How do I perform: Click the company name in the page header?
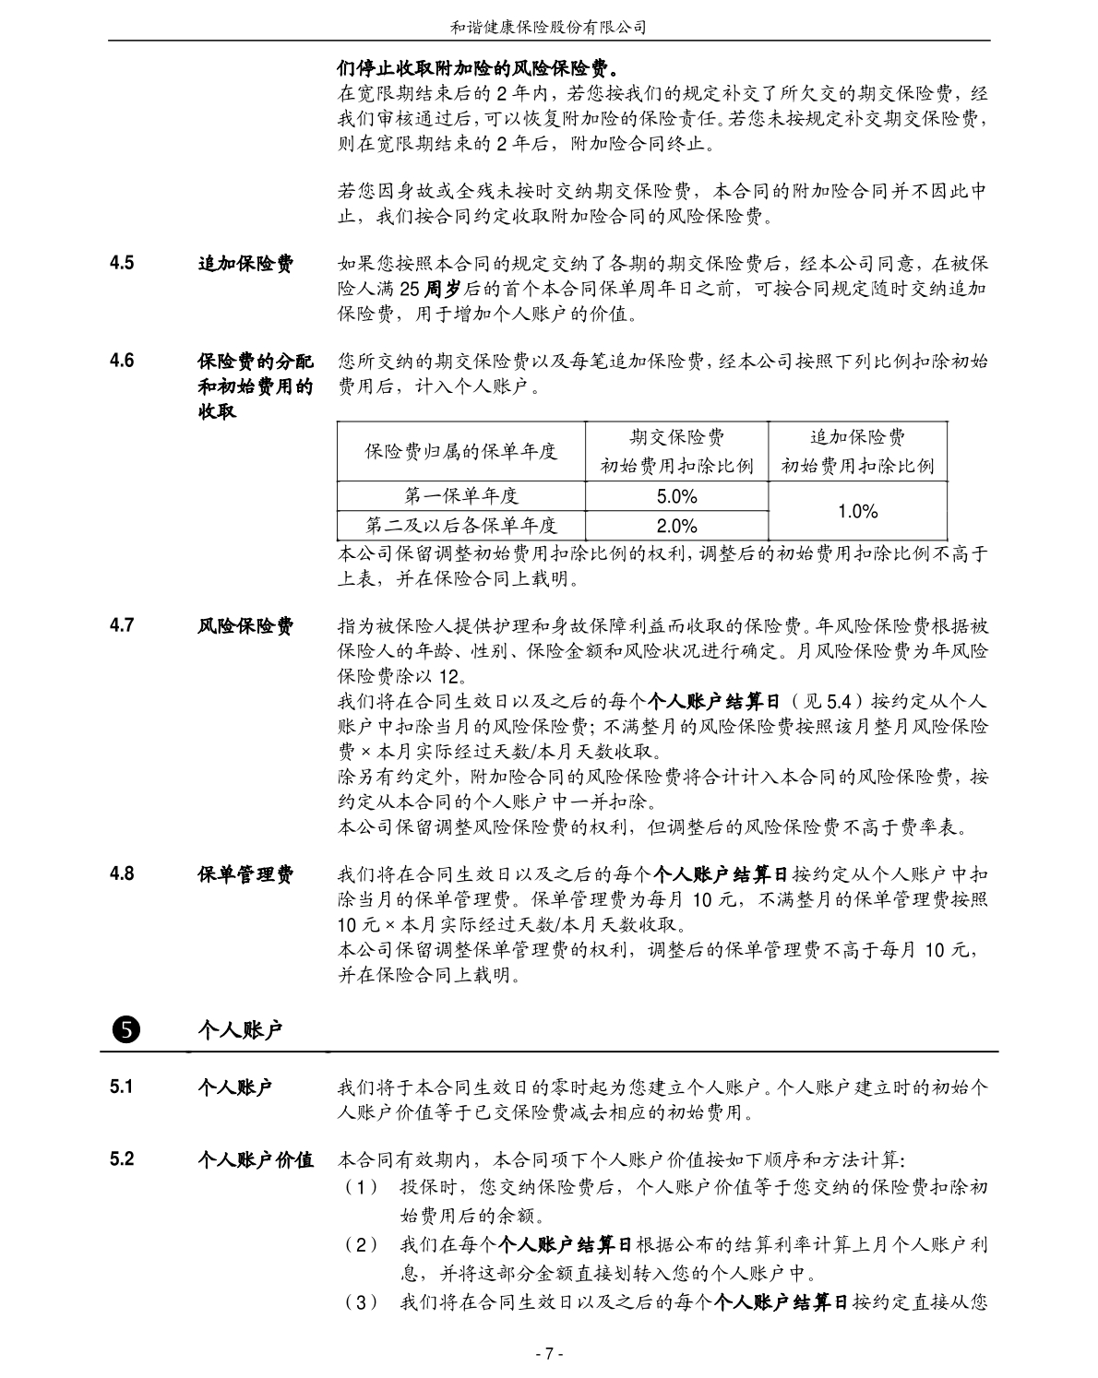pyautogui.click(x=548, y=28)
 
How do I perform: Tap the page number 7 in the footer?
pyautogui.click(x=548, y=1354)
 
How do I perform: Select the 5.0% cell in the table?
pyautogui.click(x=676, y=496)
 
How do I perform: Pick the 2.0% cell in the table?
pyautogui.click(x=676, y=526)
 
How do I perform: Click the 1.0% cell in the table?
pyautogui.click(x=857, y=511)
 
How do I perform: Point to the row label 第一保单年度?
pyautogui.click(x=461, y=496)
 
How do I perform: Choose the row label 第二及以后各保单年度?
pyautogui.click(x=461, y=526)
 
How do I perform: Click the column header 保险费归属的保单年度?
pyautogui.click(x=461, y=451)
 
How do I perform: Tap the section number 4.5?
pyautogui.click(x=122, y=263)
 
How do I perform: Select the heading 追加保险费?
pyautogui.click(x=245, y=264)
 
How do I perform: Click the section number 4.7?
pyautogui.click(x=122, y=625)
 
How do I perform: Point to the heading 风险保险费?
pyautogui.click(x=245, y=626)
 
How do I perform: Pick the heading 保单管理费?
pyautogui.click(x=245, y=873)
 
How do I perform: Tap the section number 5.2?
pyautogui.click(x=122, y=1158)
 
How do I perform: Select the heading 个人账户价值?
pyautogui.click(x=256, y=1159)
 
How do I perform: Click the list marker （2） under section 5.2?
pyautogui.click(x=361, y=1245)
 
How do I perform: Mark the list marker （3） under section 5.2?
pyautogui.click(x=361, y=1302)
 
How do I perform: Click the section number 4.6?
pyautogui.click(x=122, y=361)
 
